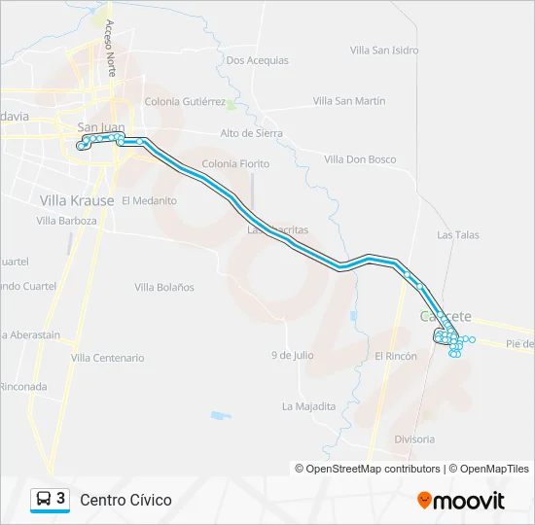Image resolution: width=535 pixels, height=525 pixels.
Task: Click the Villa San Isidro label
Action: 384,50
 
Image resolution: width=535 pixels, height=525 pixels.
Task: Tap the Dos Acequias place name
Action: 257,60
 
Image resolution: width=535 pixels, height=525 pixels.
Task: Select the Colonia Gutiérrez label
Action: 185,101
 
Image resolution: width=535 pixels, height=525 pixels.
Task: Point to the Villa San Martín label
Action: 349,101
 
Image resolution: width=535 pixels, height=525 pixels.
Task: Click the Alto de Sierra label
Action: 250,133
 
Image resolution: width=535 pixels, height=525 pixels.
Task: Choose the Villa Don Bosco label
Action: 360,158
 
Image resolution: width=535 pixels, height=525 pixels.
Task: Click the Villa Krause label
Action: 77,200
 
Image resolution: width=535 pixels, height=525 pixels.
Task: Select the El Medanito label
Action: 149,200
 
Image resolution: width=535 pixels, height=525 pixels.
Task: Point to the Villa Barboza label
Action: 67,221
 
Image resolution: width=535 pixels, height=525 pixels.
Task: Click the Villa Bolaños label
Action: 164,287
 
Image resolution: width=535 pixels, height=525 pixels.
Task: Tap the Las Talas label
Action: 458,234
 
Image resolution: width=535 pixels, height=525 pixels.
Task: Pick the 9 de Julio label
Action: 292,355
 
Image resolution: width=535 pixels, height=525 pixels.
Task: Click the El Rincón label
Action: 396,356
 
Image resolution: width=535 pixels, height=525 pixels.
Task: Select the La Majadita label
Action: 308,405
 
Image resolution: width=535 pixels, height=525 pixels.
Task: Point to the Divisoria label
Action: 414,439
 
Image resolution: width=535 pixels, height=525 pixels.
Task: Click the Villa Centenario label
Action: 107,358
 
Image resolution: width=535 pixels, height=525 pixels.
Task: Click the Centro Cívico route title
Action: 125,501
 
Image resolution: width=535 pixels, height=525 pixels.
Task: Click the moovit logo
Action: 461,501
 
